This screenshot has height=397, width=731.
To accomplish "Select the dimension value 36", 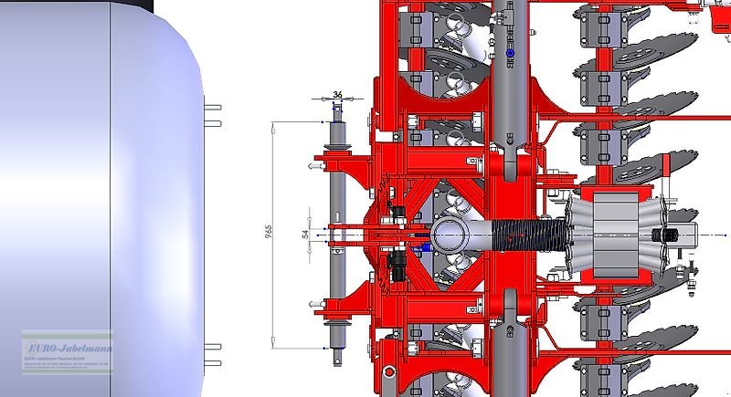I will [x=338, y=95].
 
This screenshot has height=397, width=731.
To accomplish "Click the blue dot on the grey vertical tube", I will [x=511, y=56].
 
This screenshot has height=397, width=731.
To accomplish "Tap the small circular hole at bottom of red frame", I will [x=389, y=371].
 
